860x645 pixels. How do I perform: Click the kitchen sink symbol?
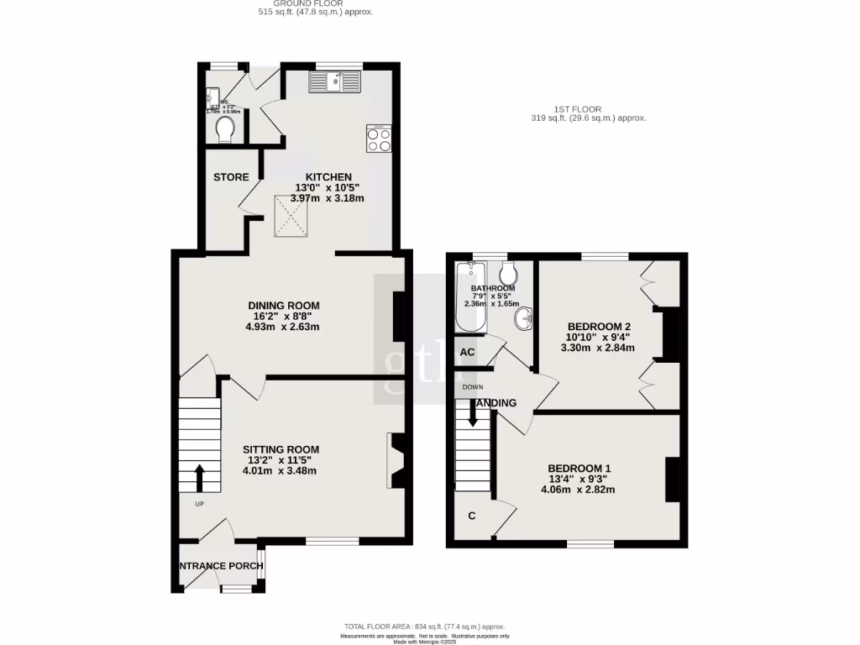(x=334, y=81)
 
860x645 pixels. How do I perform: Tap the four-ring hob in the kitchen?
(x=379, y=139)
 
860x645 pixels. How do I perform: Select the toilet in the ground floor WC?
(x=224, y=128)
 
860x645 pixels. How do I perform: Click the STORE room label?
(x=231, y=177)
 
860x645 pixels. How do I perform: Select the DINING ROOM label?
(x=283, y=306)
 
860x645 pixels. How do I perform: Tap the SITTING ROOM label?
(x=281, y=450)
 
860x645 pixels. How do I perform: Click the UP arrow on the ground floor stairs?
(x=199, y=479)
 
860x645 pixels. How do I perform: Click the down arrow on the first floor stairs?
(x=472, y=413)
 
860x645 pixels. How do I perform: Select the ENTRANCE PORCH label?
(x=222, y=566)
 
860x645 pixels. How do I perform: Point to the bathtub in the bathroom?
(x=466, y=296)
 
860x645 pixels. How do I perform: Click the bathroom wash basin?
(x=524, y=318)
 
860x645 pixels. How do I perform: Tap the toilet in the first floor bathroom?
(x=507, y=273)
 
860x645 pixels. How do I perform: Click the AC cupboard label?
(x=468, y=353)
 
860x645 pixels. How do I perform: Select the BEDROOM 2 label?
(x=599, y=326)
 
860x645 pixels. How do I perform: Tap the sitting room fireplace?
(x=395, y=460)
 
